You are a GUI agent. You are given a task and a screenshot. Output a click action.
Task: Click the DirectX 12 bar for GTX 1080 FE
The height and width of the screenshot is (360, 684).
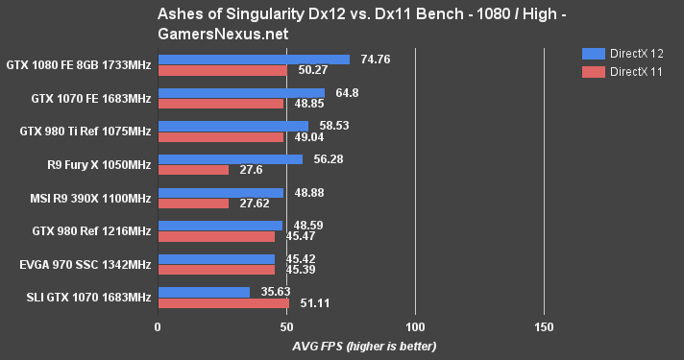click(254, 60)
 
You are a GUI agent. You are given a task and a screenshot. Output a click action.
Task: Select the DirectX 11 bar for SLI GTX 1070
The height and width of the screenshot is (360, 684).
click(223, 303)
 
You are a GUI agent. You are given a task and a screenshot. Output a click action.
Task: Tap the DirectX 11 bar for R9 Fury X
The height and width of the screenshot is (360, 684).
click(193, 170)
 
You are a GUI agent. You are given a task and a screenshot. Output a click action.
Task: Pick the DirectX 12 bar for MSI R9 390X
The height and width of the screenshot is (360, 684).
click(220, 192)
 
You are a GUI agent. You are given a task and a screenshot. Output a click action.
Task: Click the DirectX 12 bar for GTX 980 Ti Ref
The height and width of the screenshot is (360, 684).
click(232, 126)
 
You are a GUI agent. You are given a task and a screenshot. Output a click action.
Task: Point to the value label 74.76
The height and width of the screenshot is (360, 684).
click(374, 59)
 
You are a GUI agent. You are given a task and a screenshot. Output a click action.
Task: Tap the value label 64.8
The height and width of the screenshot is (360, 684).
click(342, 92)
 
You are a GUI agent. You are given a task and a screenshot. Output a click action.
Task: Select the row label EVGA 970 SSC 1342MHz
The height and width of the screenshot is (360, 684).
click(79, 264)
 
